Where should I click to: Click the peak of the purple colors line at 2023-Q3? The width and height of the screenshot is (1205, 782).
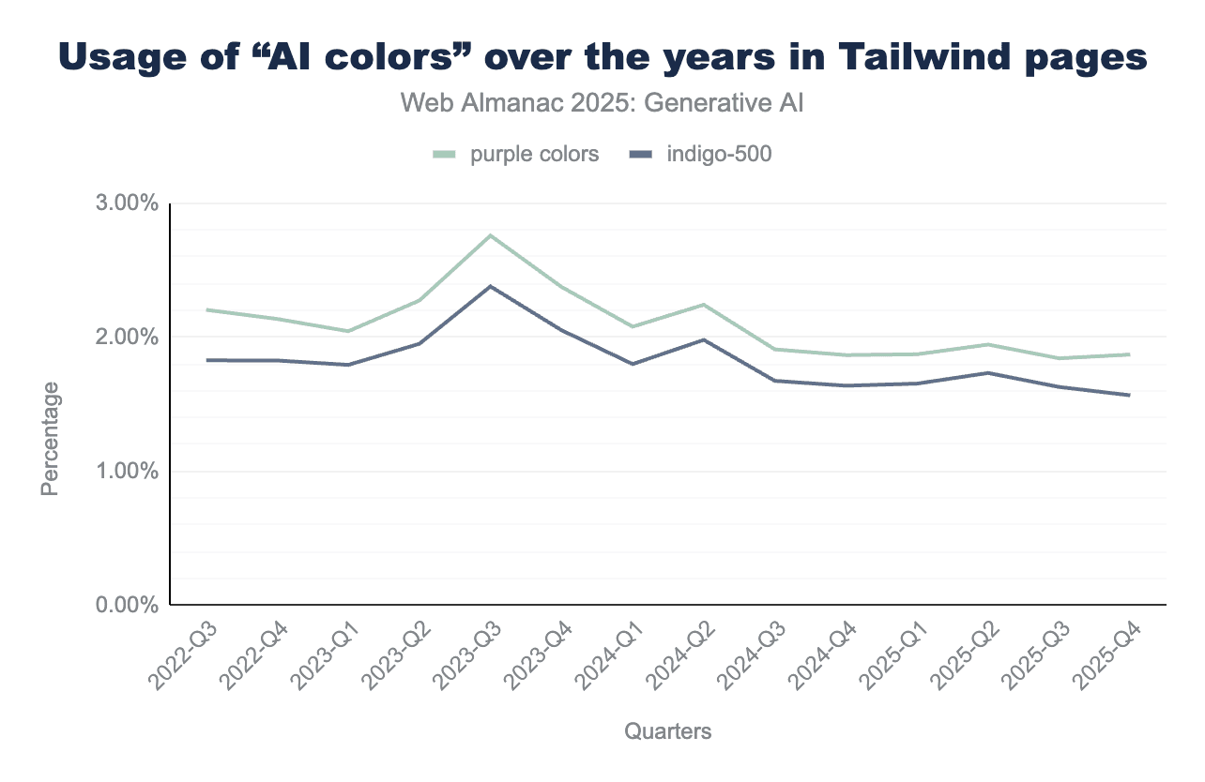tap(490, 235)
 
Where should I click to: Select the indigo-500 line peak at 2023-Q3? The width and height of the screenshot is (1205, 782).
tap(490, 286)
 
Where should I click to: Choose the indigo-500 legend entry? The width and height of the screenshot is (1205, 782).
tap(719, 155)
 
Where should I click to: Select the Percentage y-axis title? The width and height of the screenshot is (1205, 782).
tap(51, 438)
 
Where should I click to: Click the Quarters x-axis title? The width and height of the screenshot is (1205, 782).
tap(667, 731)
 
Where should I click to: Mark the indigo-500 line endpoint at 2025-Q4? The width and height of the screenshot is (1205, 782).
tap(1129, 395)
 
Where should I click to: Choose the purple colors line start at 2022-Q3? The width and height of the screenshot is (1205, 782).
tap(206, 309)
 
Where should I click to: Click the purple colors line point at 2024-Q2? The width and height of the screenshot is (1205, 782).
tap(704, 305)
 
